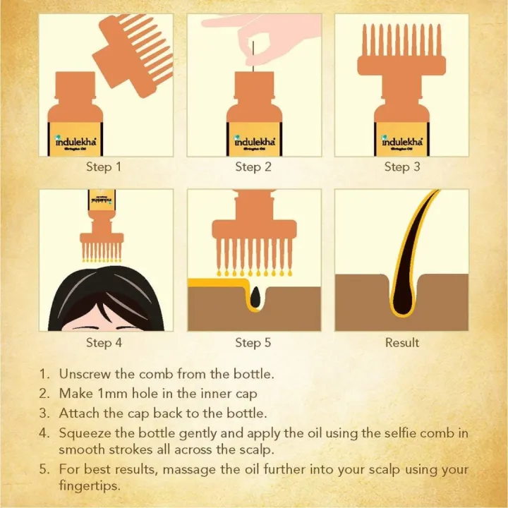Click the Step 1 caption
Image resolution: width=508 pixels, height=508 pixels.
point(104,167)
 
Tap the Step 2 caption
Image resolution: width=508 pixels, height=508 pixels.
point(253,167)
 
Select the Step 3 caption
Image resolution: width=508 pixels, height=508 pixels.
point(402,167)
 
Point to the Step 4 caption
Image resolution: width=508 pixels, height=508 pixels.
point(104,343)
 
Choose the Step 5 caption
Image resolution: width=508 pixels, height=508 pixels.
point(253,343)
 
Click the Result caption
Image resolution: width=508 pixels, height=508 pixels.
point(402,343)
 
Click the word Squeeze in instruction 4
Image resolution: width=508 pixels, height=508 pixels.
point(84,433)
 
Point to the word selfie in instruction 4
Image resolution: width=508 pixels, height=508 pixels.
point(388,433)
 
